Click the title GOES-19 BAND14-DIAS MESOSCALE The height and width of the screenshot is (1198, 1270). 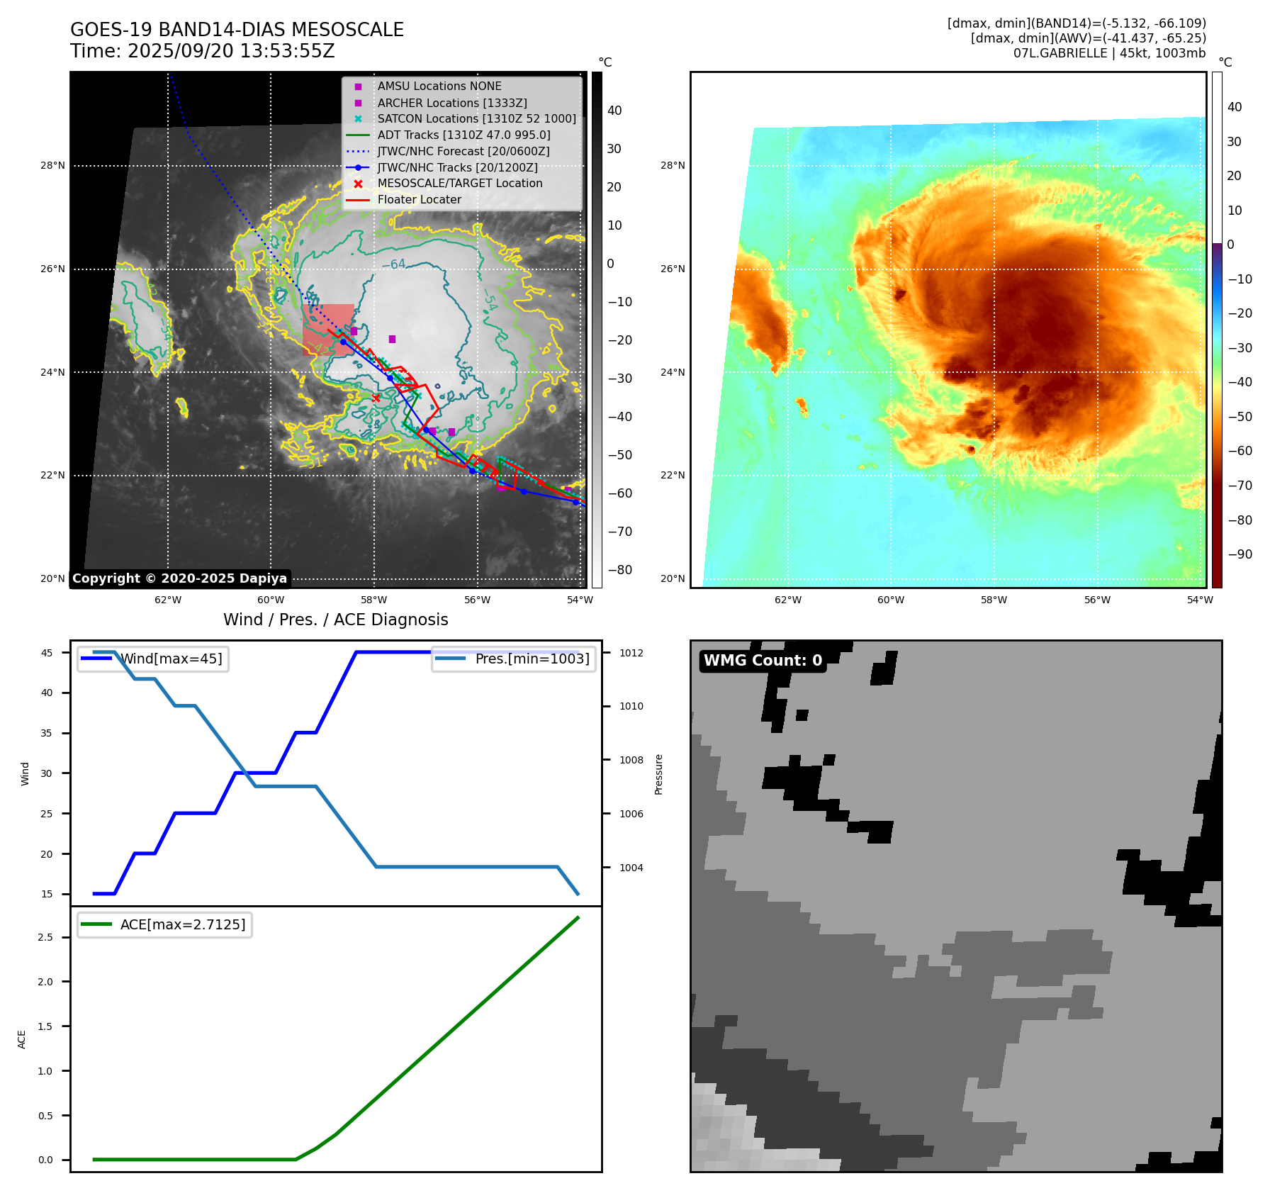pos(237,30)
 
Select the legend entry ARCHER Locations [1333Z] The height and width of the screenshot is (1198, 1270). pos(451,103)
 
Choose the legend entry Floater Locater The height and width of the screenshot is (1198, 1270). pos(419,200)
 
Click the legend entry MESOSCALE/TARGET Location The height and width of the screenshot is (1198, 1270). pos(459,184)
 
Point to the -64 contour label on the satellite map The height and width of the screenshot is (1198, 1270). pos(394,264)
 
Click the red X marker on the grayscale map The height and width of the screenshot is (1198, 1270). pos(376,398)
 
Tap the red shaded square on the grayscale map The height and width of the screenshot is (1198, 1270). pos(328,330)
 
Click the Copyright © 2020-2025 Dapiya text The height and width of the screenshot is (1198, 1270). pos(179,578)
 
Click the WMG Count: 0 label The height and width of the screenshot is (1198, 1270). pos(763,661)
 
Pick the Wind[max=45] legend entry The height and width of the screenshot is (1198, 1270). pos(171,659)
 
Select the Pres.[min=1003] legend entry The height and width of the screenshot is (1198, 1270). pos(532,659)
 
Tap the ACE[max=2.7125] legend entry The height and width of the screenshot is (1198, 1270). pos(182,925)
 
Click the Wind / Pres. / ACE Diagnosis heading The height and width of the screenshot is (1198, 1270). pos(336,620)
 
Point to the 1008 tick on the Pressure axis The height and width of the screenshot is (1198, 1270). pos(631,760)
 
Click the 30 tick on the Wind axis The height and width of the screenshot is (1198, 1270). pos(47,773)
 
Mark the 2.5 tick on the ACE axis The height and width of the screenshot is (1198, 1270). pos(45,937)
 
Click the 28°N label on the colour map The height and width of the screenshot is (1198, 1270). pos(673,166)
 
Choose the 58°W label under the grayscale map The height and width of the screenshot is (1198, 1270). pos(373,600)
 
